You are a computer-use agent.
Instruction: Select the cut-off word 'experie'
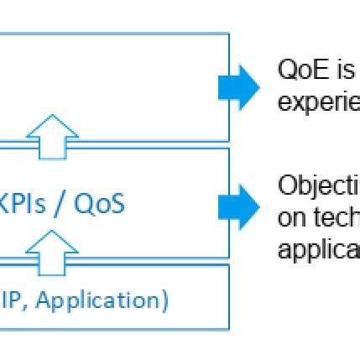(318, 102)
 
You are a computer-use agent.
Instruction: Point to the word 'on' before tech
(290, 217)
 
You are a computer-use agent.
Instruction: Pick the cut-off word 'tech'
(334, 217)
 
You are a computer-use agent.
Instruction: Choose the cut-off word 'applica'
(318, 249)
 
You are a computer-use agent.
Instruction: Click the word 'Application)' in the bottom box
(103, 300)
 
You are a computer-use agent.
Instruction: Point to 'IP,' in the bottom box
(16, 300)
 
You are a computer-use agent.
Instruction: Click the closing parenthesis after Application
(164, 300)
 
